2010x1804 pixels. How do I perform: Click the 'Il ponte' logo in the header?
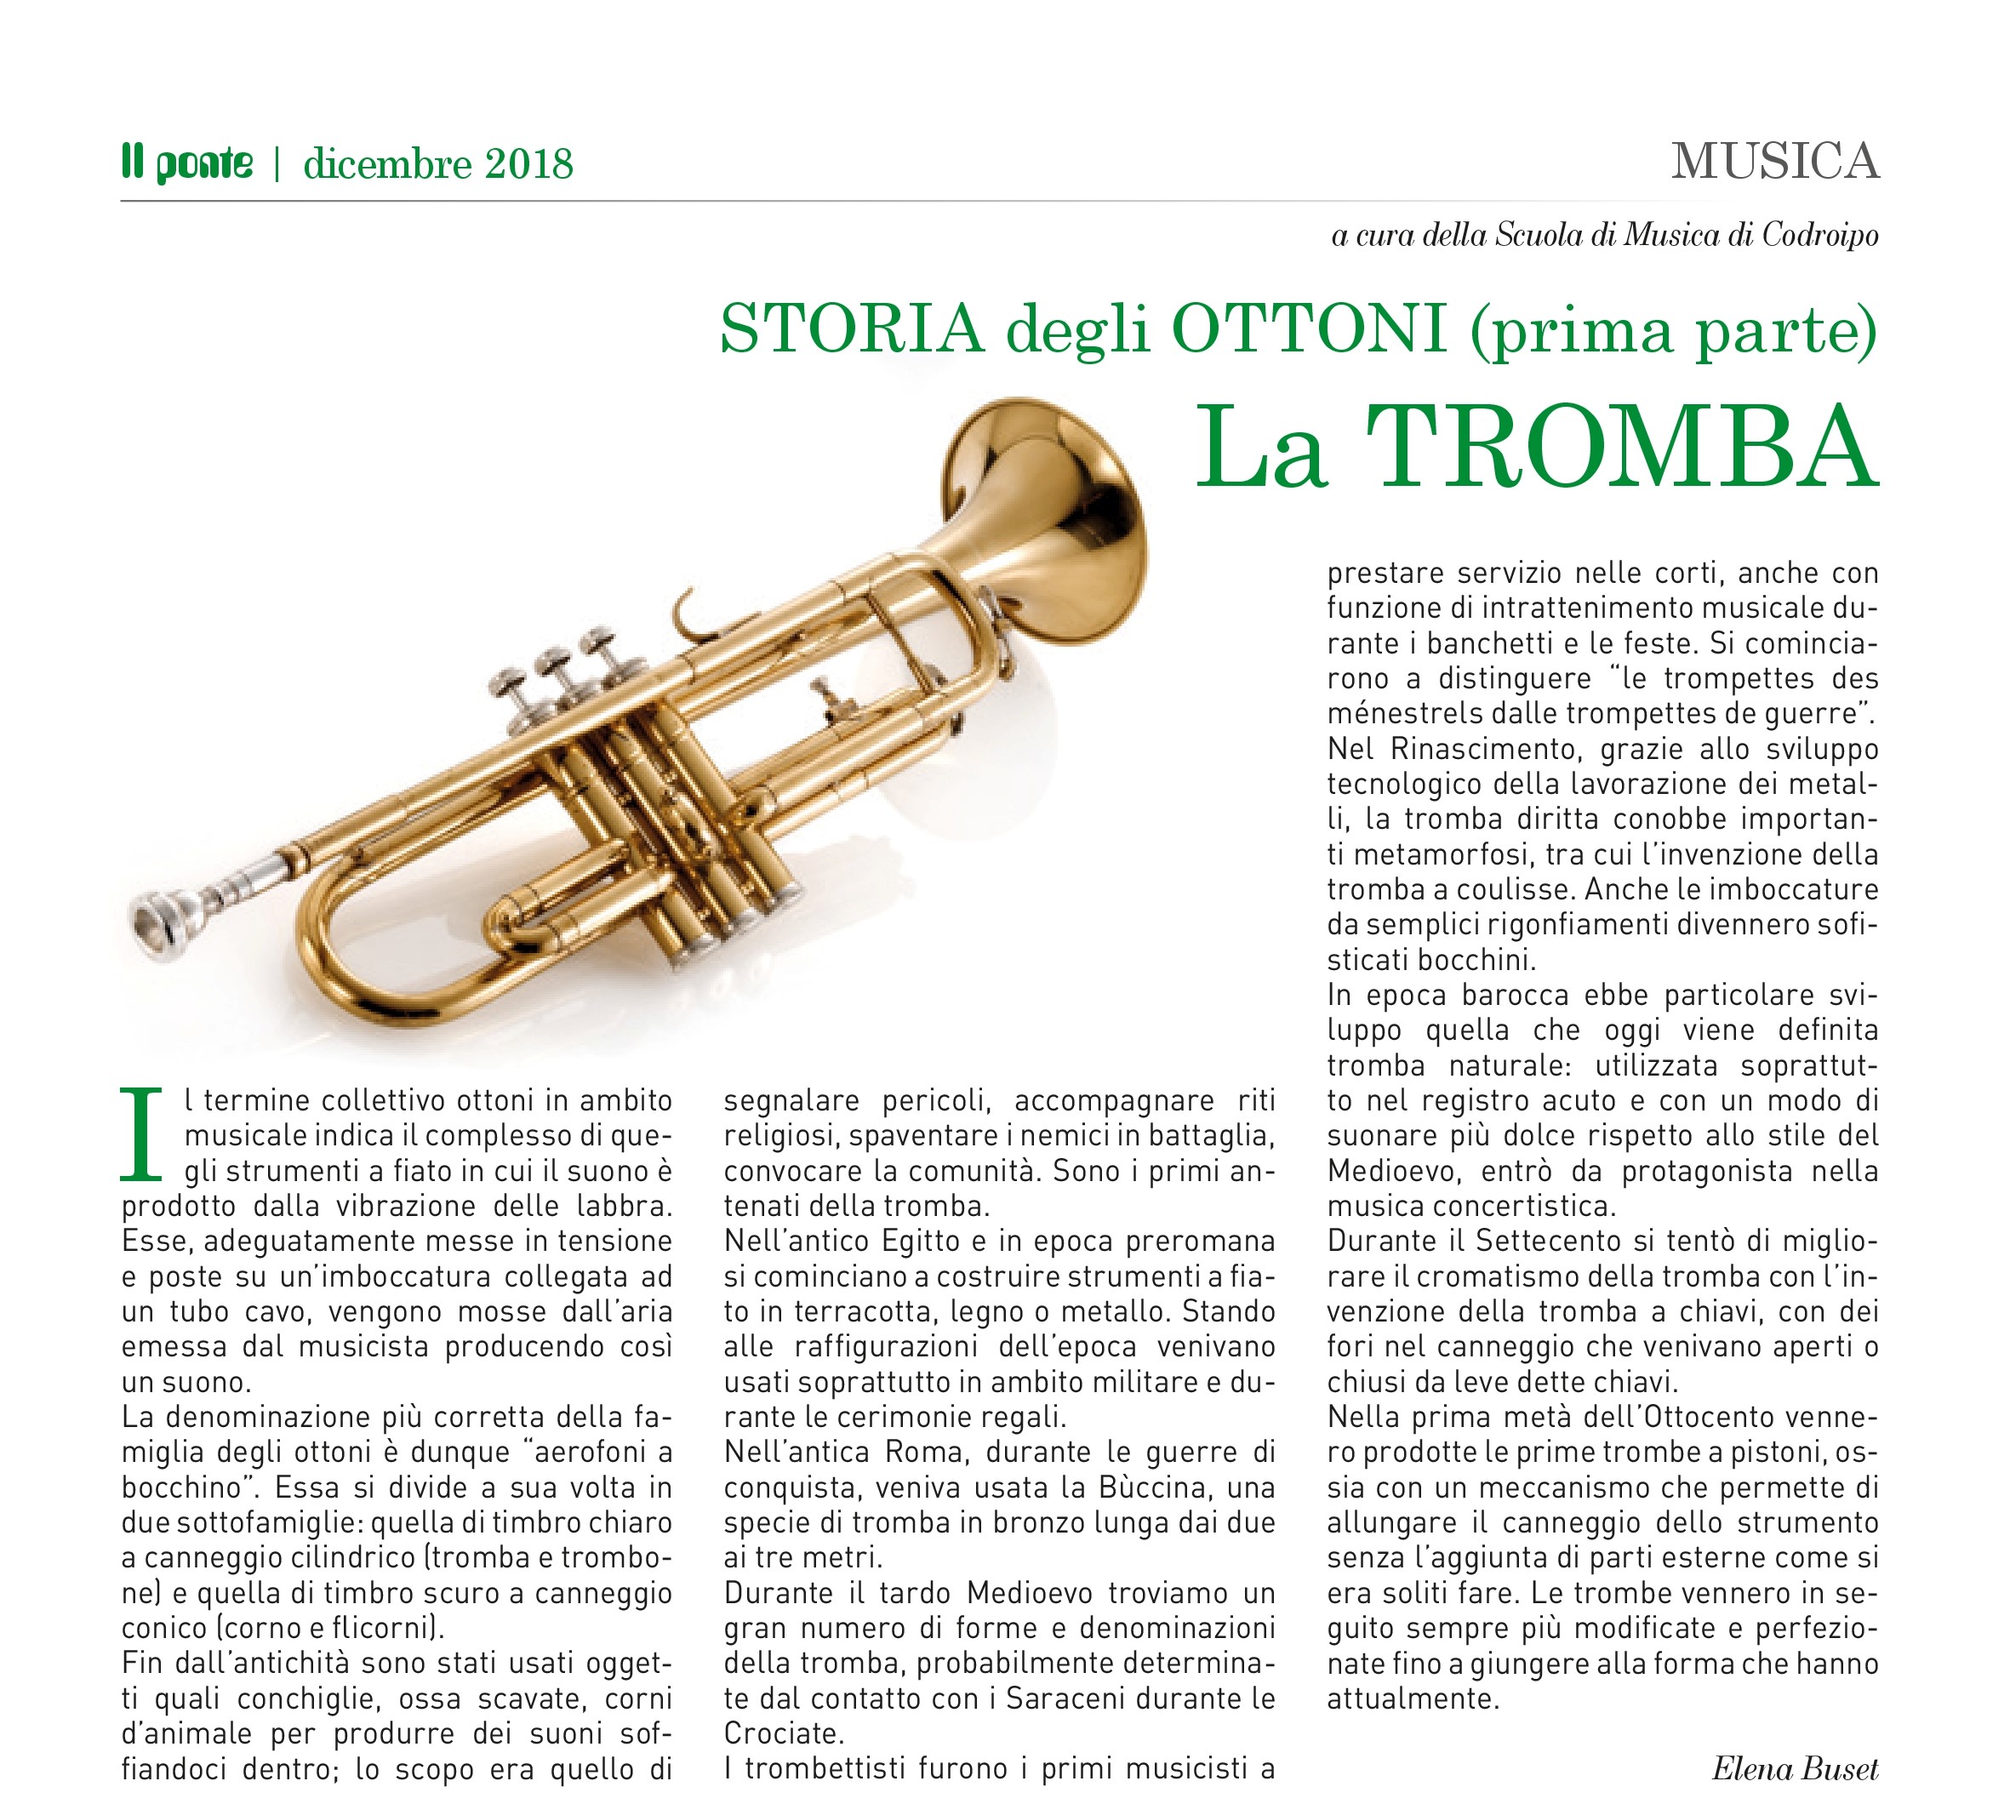tap(187, 163)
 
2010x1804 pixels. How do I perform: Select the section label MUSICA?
tap(1774, 162)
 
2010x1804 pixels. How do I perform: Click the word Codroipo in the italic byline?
tap(1819, 235)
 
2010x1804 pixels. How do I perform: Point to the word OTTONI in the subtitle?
tap(1310, 329)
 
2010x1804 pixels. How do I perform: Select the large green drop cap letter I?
tap(140, 1135)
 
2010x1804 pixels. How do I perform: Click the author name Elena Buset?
tap(1794, 1769)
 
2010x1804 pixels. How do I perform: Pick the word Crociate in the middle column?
tap(783, 1733)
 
